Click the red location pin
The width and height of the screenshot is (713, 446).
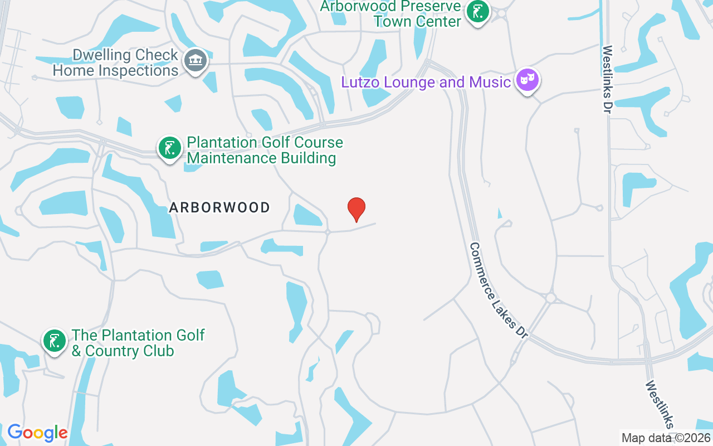click(x=356, y=209)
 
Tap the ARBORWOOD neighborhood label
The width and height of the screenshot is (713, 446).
click(x=219, y=208)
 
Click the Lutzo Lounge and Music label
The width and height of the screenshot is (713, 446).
click(x=426, y=83)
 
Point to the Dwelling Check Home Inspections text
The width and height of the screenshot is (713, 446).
click(x=115, y=63)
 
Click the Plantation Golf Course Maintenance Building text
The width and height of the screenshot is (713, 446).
click(x=265, y=151)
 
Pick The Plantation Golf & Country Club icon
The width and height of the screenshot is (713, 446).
click(x=55, y=341)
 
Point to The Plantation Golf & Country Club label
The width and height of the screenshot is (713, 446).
click(x=138, y=343)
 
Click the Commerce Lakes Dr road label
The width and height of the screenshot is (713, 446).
click(x=499, y=290)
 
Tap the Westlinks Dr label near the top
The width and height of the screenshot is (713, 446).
click(x=607, y=79)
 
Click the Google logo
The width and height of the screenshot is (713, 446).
click(x=37, y=433)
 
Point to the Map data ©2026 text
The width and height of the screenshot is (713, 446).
click(x=666, y=438)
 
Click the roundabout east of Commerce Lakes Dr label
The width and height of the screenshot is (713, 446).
click(x=551, y=298)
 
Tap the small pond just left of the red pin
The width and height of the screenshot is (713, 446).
click(x=306, y=216)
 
